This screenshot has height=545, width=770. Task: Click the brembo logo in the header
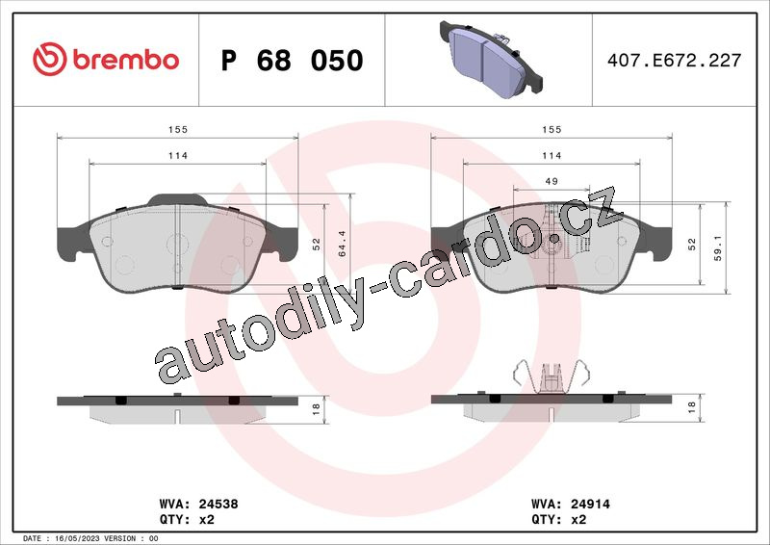click(x=106, y=60)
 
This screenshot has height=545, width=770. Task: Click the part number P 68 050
click(x=293, y=61)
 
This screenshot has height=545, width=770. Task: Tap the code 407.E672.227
click(x=674, y=60)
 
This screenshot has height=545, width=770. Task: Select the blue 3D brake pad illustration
click(x=492, y=58)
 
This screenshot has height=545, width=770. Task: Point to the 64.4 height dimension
click(x=343, y=244)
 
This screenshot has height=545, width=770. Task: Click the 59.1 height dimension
click(x=718, y=247)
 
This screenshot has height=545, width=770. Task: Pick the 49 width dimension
click(x=552, y=181)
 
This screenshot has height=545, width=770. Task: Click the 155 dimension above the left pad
click(x=178, y=129)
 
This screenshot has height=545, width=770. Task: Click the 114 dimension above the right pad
click(x=552, y=155)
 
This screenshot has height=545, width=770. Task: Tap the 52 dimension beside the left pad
click(x=317, y=245)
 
